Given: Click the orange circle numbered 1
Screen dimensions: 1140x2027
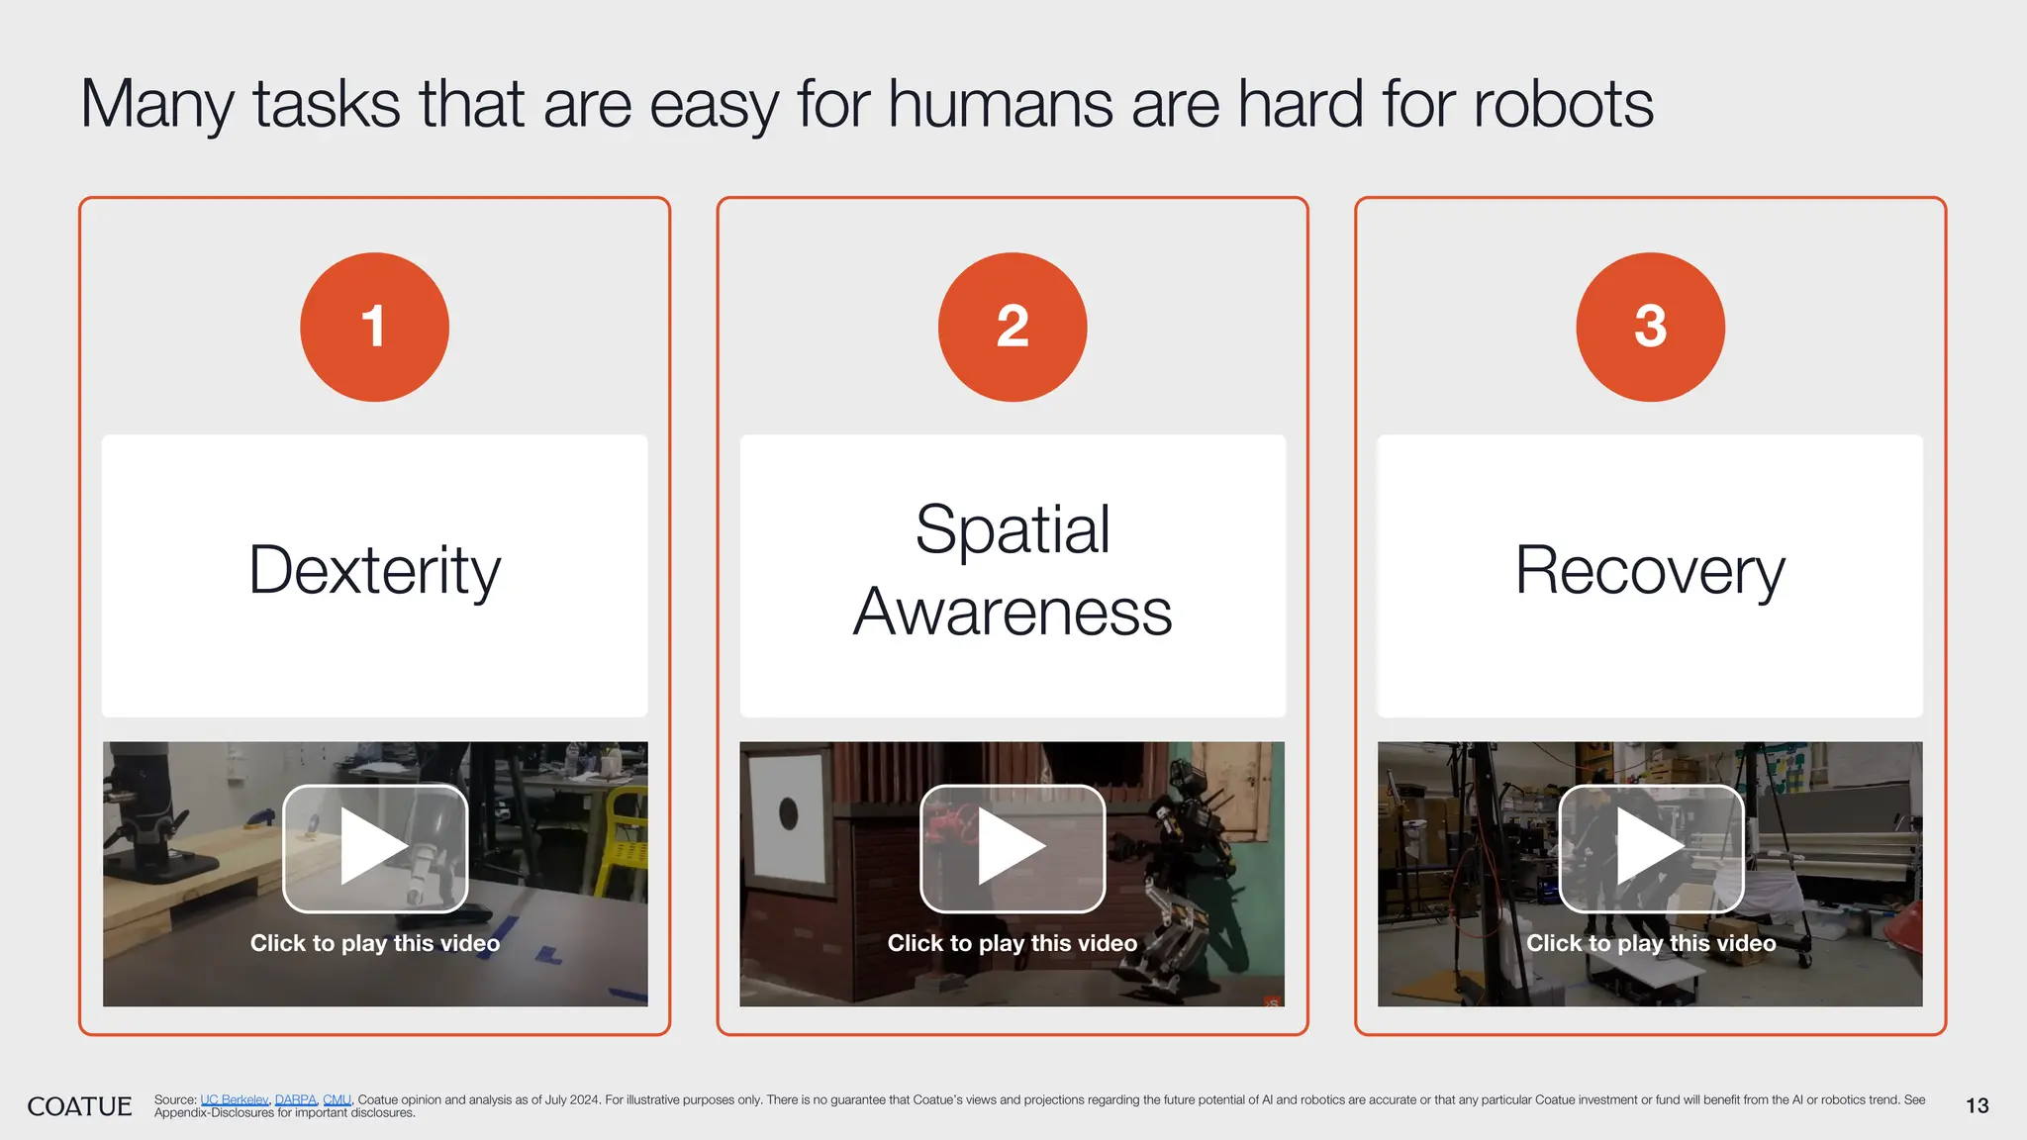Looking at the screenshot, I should [374, 327].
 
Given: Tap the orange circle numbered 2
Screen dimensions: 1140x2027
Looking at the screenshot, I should [1012, 327].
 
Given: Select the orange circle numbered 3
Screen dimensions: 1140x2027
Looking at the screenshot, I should [1650, 327].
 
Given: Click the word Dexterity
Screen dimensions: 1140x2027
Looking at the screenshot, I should [374, 571].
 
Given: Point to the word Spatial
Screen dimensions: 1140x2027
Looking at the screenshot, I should [1012, 529].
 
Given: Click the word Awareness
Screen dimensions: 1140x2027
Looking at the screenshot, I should [1012, 613].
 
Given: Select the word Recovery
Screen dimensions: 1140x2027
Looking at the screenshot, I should [1650, 571].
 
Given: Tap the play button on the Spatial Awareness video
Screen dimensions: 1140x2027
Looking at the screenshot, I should [1012, 848].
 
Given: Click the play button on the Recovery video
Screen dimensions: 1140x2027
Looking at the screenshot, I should [1650, 848].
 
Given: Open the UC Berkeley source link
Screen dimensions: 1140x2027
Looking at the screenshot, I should [234, 1099].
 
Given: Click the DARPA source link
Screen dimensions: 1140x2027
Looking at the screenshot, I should [295, 1099].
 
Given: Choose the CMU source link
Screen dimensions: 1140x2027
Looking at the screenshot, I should [337, 1099].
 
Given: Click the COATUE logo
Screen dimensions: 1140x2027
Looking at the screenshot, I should [79, 1106].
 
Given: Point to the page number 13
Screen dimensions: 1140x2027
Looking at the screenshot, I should [1977, 1106].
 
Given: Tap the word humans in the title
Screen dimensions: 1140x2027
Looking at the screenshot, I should [1001, 104].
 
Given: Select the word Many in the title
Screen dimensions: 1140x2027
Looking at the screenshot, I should [156, 104].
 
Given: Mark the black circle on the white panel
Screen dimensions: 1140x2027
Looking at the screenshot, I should [788, 813].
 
